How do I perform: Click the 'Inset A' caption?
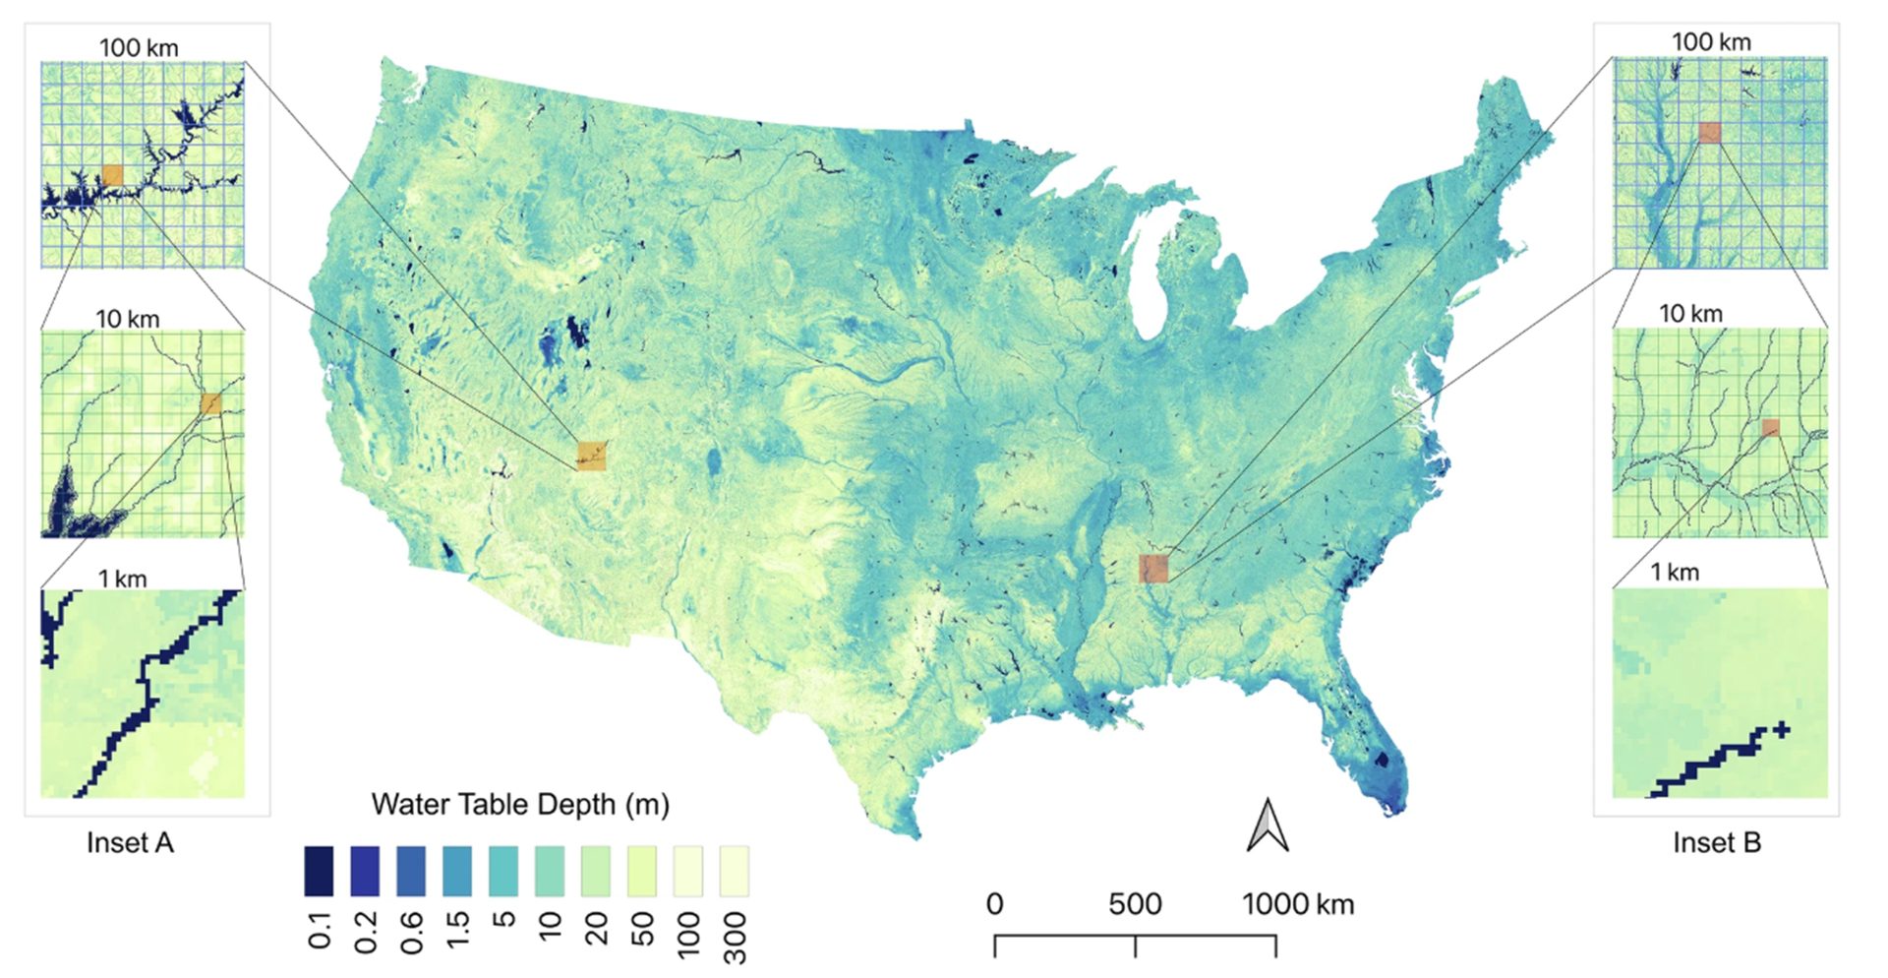click(130, 843)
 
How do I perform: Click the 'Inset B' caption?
click(1717, 843)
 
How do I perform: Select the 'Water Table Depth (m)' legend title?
click(520, 805)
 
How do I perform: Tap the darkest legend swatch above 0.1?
click(319, 871)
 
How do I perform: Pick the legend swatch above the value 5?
click(503, 871)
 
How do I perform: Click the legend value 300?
click(735, 937)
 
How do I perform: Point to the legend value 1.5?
click(457, 931)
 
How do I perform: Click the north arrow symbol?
click(1268, 825)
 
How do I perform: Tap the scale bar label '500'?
click(1135, 904)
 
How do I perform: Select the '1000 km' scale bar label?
click(1298, 904)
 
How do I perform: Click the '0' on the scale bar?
click(995, 904)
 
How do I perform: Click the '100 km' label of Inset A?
click(139, 47)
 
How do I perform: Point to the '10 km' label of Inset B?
click(1690, 314)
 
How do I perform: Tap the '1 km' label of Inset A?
click(122, 579)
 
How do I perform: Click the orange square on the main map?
click(592, 456)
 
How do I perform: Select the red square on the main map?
click(1153, 569)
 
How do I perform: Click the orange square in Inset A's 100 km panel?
click(112, 176)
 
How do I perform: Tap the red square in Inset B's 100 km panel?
click(1710, 133)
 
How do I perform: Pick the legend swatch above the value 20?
click(596, 871)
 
